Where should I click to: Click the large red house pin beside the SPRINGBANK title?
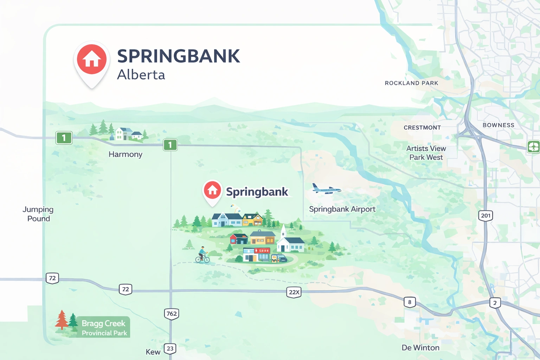92,60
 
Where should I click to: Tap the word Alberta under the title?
141,75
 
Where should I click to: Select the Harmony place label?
126,154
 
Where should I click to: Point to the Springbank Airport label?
342,209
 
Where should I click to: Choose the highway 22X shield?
294,292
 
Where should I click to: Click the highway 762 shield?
172,314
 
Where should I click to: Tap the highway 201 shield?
486,216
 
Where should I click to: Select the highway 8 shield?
410,302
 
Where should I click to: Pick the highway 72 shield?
52,278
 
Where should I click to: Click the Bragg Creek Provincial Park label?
104,327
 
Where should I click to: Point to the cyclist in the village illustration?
202,255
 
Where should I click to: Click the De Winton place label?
420,348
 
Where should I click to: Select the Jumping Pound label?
38,214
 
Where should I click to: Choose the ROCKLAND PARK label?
411,83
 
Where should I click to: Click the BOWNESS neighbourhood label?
498,125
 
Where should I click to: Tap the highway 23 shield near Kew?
170,348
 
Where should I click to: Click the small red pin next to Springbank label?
212,191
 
